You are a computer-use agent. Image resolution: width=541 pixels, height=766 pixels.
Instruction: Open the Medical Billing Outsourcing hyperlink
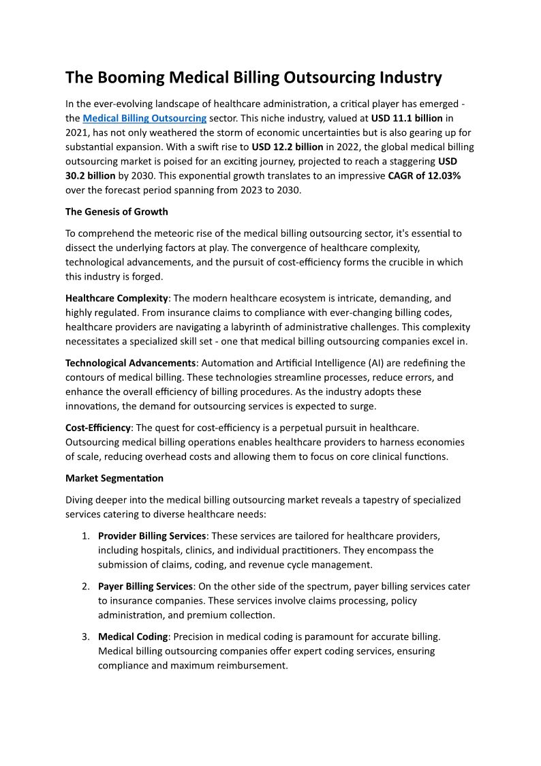coord(144,118)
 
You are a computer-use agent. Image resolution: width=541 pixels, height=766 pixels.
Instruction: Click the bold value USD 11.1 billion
coord(407,118)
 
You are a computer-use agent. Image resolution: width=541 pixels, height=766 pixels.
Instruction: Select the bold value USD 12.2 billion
coord(288,147)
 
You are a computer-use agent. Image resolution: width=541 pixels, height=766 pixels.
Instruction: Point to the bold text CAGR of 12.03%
coord(424,175)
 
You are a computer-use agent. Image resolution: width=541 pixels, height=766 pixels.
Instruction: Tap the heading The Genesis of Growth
coord(117,211)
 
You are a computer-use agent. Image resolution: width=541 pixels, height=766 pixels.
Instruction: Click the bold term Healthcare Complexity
coord(117,298)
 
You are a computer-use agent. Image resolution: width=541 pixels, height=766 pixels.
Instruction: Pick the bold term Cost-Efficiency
coord(98,427)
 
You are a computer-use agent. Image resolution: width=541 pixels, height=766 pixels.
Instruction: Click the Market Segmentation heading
coord(114,477)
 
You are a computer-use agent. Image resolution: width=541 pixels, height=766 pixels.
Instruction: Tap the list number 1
coord(85,535)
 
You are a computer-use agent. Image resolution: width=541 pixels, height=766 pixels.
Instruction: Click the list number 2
coord(85,586)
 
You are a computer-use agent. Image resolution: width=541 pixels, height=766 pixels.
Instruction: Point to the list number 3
coord(85,636)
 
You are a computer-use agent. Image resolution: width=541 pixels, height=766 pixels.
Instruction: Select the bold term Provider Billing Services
coord(152,535)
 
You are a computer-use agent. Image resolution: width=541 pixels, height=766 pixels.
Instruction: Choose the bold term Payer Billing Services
coord(146,586)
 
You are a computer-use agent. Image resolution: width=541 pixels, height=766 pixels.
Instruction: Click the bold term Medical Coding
coord(133,636)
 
